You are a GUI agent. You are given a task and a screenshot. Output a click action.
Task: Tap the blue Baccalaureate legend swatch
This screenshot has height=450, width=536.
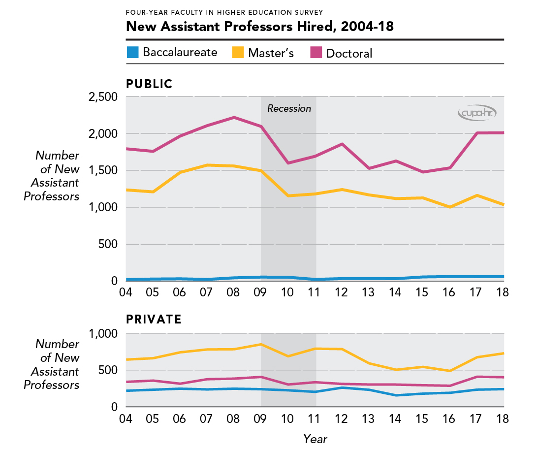pyautogui.click(x=133, y=52)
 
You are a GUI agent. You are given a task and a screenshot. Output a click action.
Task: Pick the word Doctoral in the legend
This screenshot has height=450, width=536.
pyautogui.click(x=349, y=53)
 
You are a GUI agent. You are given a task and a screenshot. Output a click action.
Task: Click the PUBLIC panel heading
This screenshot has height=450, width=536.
pyautogui.click(x=150, y=84)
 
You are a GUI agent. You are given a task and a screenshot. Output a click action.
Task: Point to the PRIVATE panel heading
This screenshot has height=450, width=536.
pyautogui.click(x=154, y=320)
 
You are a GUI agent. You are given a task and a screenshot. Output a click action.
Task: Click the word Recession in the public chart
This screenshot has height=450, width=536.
pyautogui.click(x=289, y=108)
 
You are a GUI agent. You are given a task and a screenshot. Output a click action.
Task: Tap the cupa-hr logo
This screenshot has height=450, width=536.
pyautogui.click(x=477, y=113)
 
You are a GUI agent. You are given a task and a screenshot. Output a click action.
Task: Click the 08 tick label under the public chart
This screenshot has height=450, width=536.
pyautogui.click(x=233, y=292)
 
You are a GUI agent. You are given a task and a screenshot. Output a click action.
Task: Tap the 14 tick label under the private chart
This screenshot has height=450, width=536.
pyautogui.click(x=395, y=418)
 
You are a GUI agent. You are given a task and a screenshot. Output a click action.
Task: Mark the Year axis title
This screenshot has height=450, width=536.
pyautogui.click(x=315, y=438)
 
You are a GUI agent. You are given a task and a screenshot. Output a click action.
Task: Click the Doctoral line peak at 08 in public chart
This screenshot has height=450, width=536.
pyautogui.click(x=234, y=117)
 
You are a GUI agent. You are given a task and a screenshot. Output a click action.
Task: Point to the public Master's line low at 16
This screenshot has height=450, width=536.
pyautogui.click(x=449, y=207)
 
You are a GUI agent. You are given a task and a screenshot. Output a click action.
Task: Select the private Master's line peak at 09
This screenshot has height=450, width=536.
pyautogui.click(x=261, y=344)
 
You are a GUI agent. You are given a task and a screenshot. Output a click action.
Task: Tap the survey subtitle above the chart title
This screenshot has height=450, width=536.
pyautogui.click(x=224, y=11)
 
